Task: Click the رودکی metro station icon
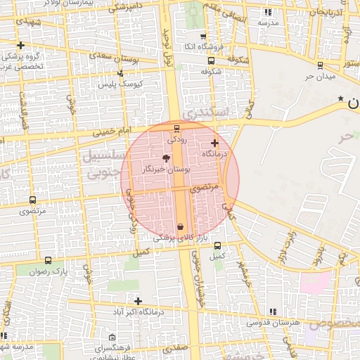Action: (x=176, y=127)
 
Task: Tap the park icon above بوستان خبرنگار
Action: (x=166, y=158)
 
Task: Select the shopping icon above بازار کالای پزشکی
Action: (x=181, y=226)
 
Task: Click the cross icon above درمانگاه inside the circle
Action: (x=214, y=143)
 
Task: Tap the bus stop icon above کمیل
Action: (x=217, y=246)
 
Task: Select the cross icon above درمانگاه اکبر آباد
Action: (x=138, y=301)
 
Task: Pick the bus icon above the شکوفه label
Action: (x=212, y=60)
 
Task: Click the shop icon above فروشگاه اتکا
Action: (x=203, y=37)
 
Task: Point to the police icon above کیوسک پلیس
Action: (x=121, y=73)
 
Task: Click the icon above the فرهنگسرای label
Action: (x=113, y=338)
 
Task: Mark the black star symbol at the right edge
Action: (x=341, y=98)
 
